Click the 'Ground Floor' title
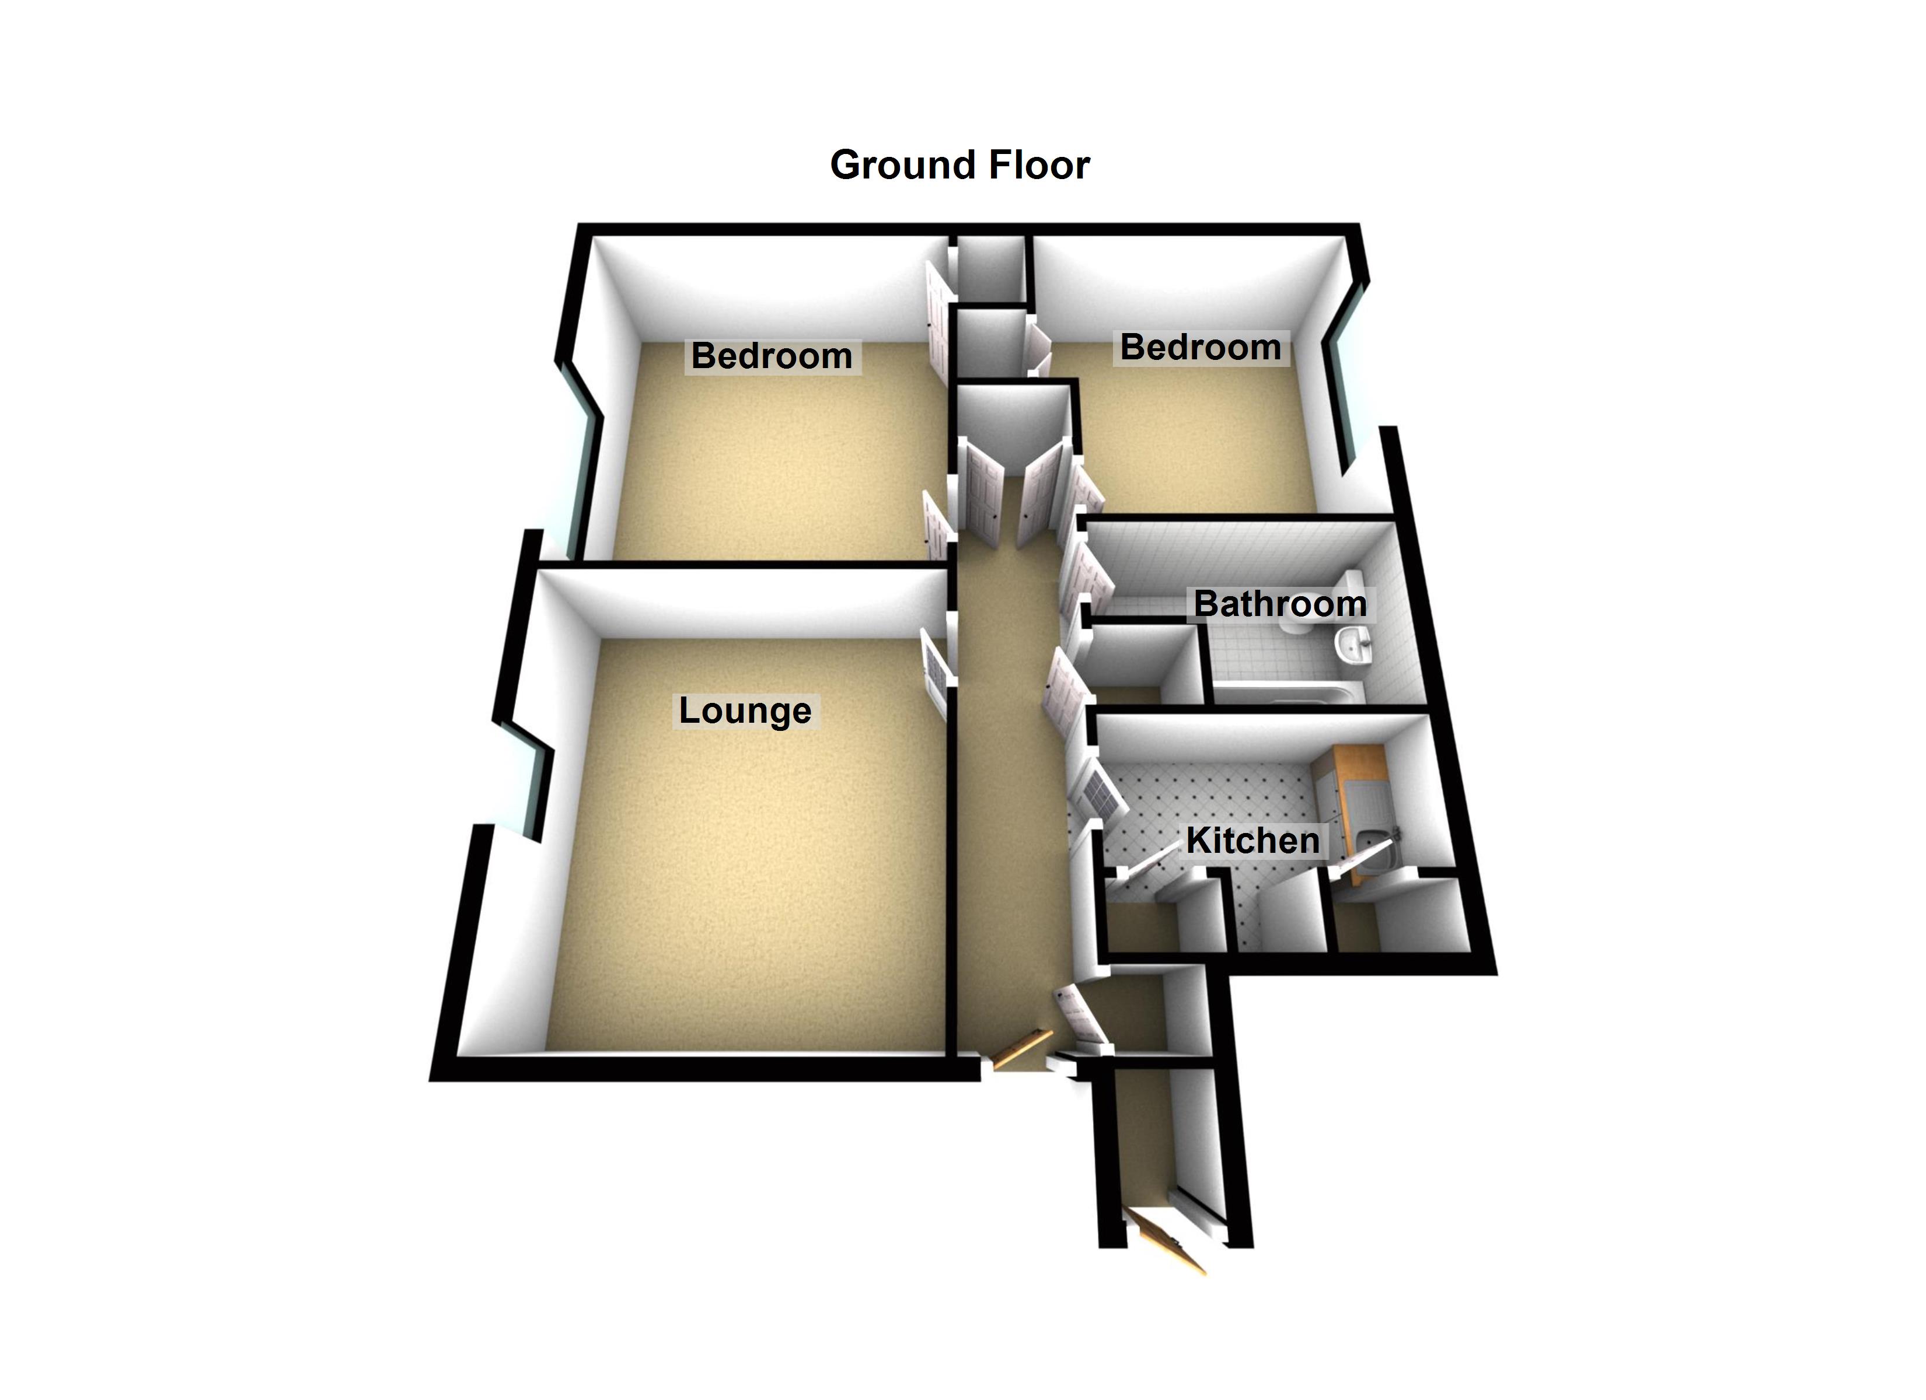point(959,164)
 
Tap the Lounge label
point(745,710)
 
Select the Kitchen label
point(1252,841)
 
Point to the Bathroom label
point(1280,604)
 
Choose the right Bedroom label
point(1200,346)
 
